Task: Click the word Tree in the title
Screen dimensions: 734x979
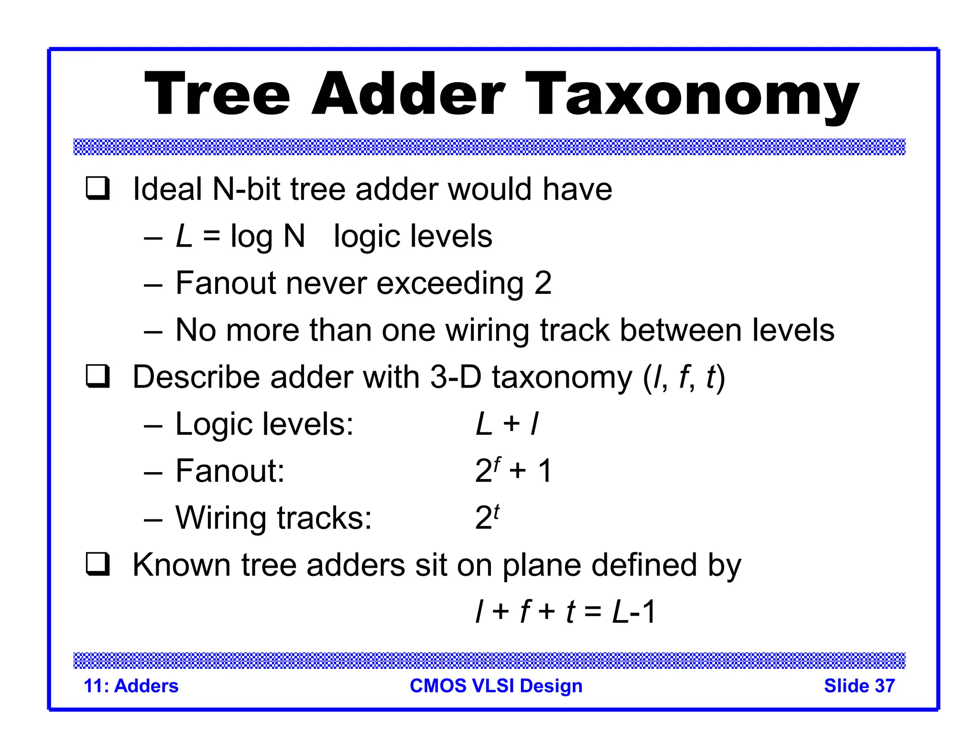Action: coord(217,94)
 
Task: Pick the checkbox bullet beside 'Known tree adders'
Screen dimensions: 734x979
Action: coord(98,564)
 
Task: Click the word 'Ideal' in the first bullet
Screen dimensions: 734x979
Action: coord(167,189)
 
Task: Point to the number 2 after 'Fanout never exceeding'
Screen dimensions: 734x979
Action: coord(543,283)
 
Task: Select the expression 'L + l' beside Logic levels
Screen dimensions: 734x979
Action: coord(507,424)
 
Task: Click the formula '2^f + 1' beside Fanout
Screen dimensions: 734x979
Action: coord(513,470)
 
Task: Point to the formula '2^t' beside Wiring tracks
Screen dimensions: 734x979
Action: coord(487,517)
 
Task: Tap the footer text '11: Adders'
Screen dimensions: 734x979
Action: coord(131,686)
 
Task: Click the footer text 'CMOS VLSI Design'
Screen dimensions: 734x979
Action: coord(496,686)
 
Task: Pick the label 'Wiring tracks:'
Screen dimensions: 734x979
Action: coord(273,518)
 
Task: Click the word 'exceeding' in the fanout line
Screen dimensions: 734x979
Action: coord(450,283)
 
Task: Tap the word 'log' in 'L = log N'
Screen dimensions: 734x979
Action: coord(251,237)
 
